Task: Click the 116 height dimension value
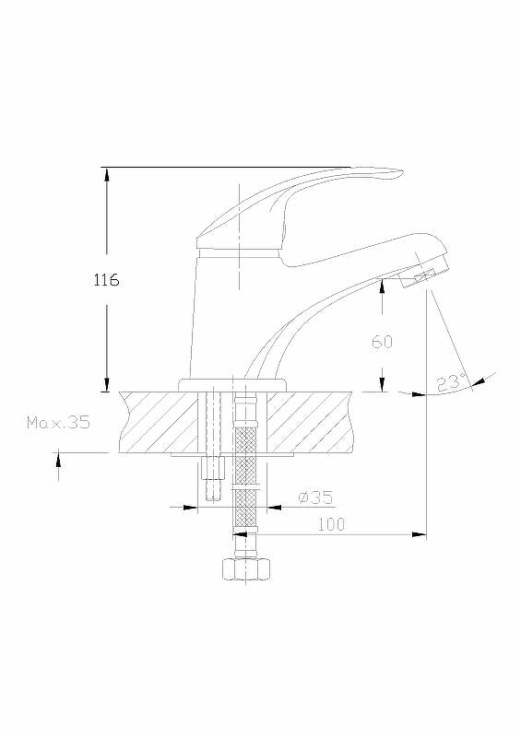click(106, 280)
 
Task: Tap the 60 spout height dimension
click(382, 342)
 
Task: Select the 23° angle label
click(451, 382)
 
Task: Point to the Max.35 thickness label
click(58, 423)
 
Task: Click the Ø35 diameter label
click(315, 497)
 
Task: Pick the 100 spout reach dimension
click(331, 524)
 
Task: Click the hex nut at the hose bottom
click(245, 569)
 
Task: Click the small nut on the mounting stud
click(214, 468)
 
